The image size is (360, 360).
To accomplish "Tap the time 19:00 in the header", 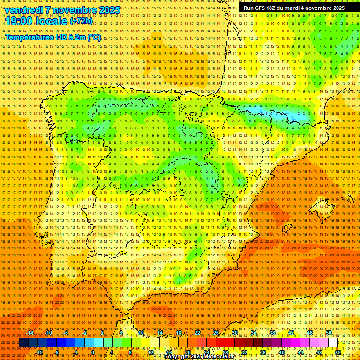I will click(x=19, y=21).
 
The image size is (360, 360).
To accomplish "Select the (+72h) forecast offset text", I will click(x=81, y=22).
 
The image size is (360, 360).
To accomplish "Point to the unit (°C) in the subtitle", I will click(x=94, y=37).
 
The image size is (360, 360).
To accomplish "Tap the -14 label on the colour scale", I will click(x=30, y=333).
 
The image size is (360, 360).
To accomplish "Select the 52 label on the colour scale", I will click(x=338, y=352).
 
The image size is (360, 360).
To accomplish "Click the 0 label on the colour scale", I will click(x=93, y=352).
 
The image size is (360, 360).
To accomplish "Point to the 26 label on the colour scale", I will click(x=216, y=333).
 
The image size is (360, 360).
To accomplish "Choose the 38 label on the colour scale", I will click(x=272, y=333).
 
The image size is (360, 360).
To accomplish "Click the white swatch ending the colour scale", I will click(x=333, y=343).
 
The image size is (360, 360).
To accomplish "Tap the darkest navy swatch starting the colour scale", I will click(x=23, y=343).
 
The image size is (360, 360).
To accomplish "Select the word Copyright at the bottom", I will click(x=177, y=357).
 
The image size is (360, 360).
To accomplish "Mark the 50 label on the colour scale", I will click(x=329, y=333).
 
